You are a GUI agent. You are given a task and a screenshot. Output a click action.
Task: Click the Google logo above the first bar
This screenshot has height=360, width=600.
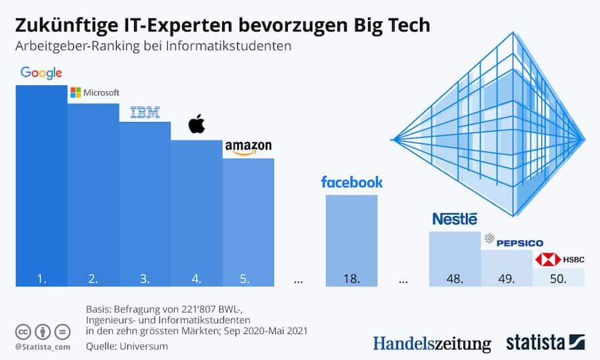pyautogui.click(x=41, y=73)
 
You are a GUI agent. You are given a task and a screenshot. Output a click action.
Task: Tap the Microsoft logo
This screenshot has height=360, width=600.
pyautogui.click(x=94, y=93)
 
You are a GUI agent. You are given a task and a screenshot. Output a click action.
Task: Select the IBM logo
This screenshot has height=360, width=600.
pyautogui.click(x=145, y=113)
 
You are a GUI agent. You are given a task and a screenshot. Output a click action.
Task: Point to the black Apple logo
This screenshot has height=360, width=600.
pyautogui.click(x=196, y=124)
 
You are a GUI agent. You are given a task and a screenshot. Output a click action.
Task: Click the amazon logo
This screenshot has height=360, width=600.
pyautogui.click(x=248, y=147)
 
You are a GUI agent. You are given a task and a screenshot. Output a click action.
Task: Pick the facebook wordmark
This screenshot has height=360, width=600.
pyautogui.click(x=351, y=182)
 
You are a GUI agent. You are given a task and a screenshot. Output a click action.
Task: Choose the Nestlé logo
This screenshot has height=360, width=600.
pyautogui.click(x=455, y=219)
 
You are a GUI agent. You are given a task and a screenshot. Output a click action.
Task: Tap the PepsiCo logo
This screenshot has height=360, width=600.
pyautogui.click(x=513, y=242)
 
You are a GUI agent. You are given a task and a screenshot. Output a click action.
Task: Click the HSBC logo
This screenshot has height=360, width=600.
pyautogui.click(x=559, y=259)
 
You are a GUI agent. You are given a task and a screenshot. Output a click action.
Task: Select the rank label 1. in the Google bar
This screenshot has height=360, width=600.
pyautogui.click(x=41, y=279)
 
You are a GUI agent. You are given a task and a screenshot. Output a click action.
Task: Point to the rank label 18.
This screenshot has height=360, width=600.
pyautogui.click(x=351, y=279)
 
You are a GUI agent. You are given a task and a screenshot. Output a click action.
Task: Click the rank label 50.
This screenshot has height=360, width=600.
pyautogui.click(x=559, y=279)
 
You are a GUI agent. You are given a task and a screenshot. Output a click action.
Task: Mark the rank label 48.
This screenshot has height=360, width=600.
pyautogui.click(x=455, y=279)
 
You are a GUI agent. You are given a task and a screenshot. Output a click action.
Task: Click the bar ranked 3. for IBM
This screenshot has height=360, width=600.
pyautogui.click(x=145, y=200)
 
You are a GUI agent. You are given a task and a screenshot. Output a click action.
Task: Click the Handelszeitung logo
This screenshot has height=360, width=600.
pyautogui.click(x=431, y=343)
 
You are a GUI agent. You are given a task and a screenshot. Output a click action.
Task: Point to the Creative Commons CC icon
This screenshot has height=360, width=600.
pyautogui.click(x=23, y=331)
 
